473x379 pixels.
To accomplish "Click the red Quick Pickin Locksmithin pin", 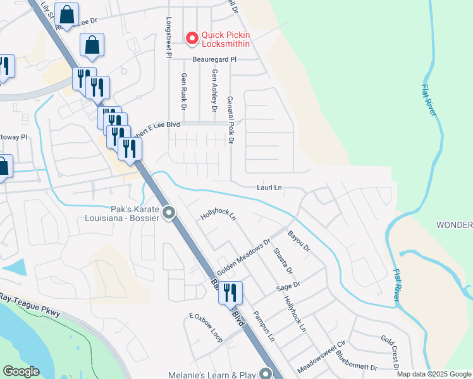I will pyautogui.click(x=192, y=39).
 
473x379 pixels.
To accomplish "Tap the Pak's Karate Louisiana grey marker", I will pyautogui.click(x=168, y=214).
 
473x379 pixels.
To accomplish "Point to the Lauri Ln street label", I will pyautogui.click(x=269, y=188).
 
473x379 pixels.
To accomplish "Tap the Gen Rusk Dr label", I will pyautogui.click(x=184, y=92).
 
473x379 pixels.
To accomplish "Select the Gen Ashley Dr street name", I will pyautogui.click(x=214, y=91).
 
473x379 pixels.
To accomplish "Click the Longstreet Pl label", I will pyautogui.click(x=169, y=38).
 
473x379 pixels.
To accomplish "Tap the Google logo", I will pyautogui.click(x=21, y=371).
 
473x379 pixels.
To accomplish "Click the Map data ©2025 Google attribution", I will pyautogui.click(x=433, y=374).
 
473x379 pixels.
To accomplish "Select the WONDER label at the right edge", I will pyautogui.click(x=455, y=226).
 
